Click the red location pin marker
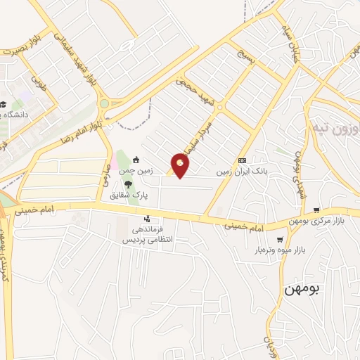tap(181, 165)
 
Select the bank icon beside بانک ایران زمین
tap(242, 160)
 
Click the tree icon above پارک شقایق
tap(127, 184)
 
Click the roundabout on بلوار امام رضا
tap(104, 103)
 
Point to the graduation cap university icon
tap(4, 105)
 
